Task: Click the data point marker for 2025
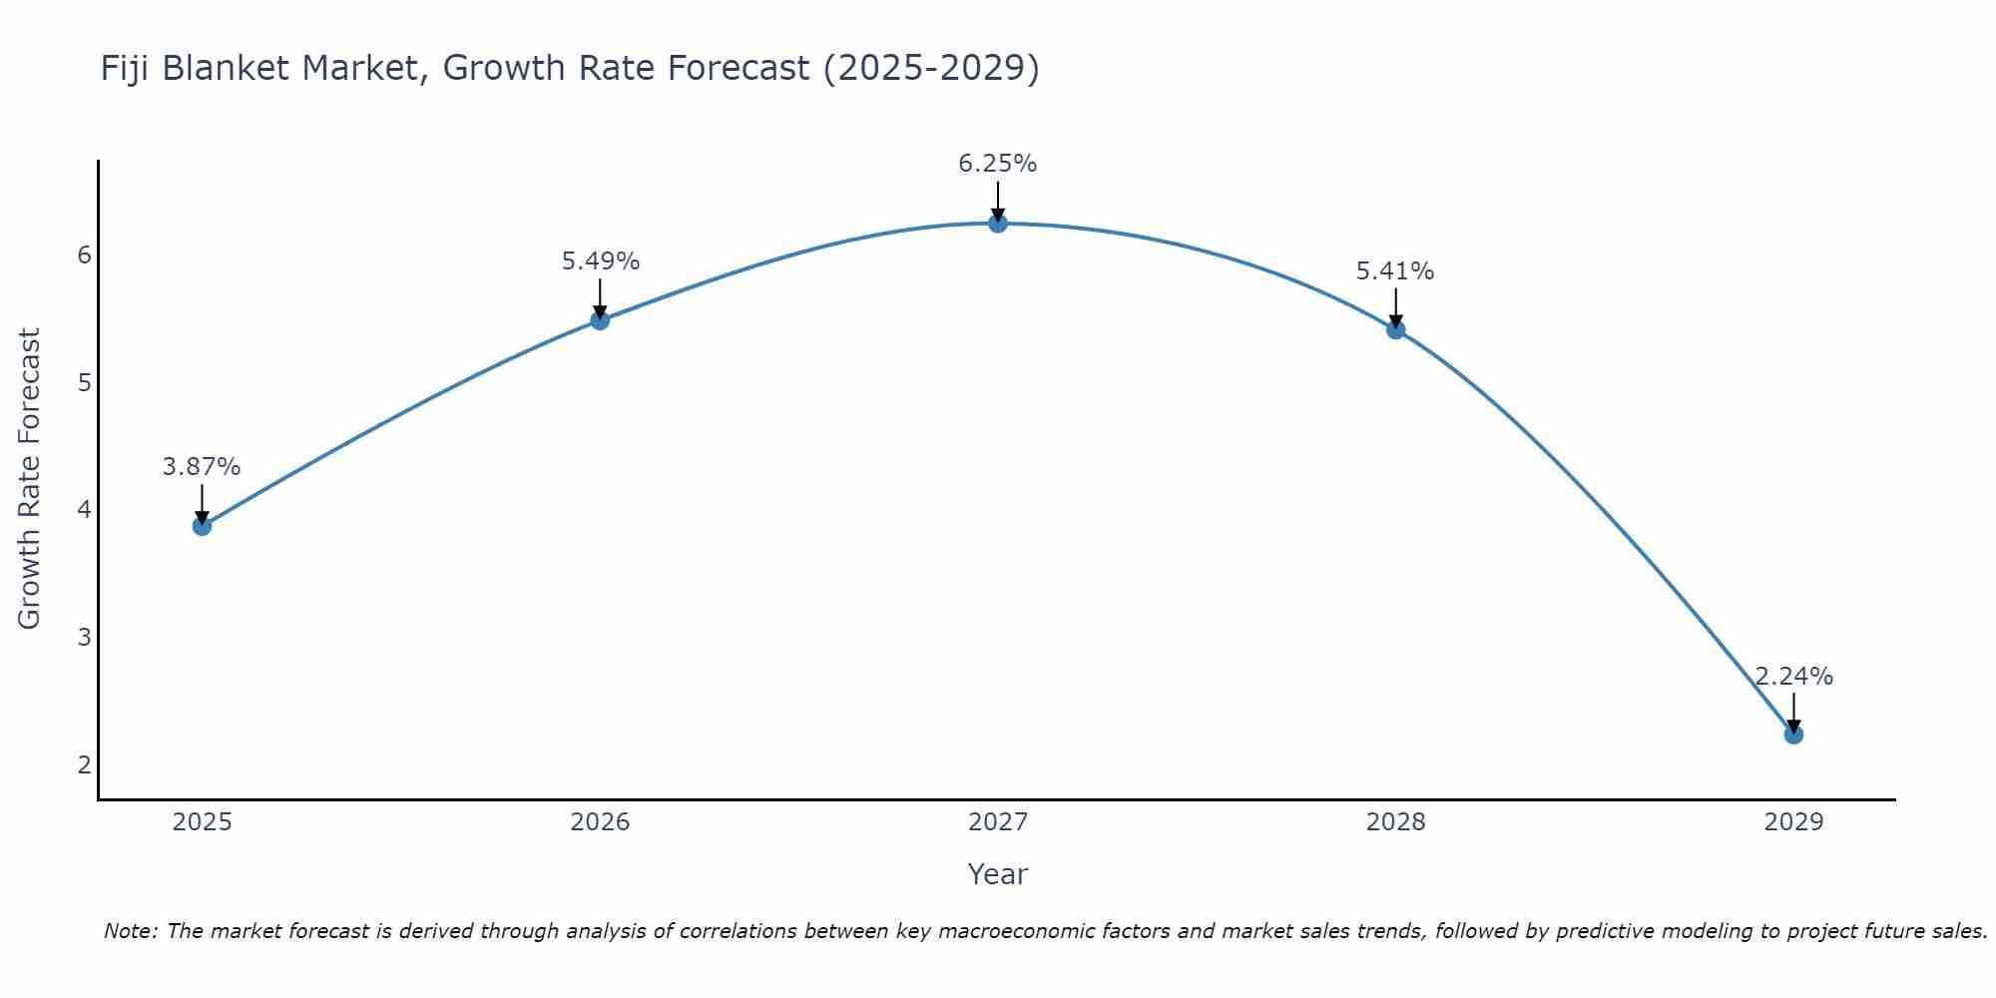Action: pyautogui.click(x=202, y=526)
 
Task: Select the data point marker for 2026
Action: pyautogui.click(x=600, y=320)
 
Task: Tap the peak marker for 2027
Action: pyautogui.click(x=998, y=224)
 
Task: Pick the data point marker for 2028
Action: pyautogui.click(x=1395, y=330)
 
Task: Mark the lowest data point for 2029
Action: pyautogui.click(x=1793, y=735)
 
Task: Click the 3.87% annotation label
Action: pyautogui.click(x=202, y=466)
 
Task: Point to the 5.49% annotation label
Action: pyautogui.click(x=600, y=261)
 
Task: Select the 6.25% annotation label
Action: pyautogui.click(x=998, y=164)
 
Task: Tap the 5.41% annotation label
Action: pyautogui.click(x=1395, y=271)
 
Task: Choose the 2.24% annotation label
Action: pyautogui.click(x=1793, y=676)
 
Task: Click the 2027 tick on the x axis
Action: pyautogui.click(x=998, y=822)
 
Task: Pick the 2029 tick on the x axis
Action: pyautogui.click(x=1793, y=822)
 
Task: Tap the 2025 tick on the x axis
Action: pyautogui.click(x=202, y=822)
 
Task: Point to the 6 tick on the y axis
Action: pyautogui.click(x=84, y=255)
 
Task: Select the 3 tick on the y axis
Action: pyautogui.click(x=84, y=637)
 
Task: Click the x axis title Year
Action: pyautogui.click(x=998, y=874)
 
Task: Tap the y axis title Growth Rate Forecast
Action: pyautogui.click(x=30, y=479)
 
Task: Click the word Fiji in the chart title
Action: pyautogui.click(x=126, y=68)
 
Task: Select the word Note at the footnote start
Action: pyautogui.click(x=129, y=931)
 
